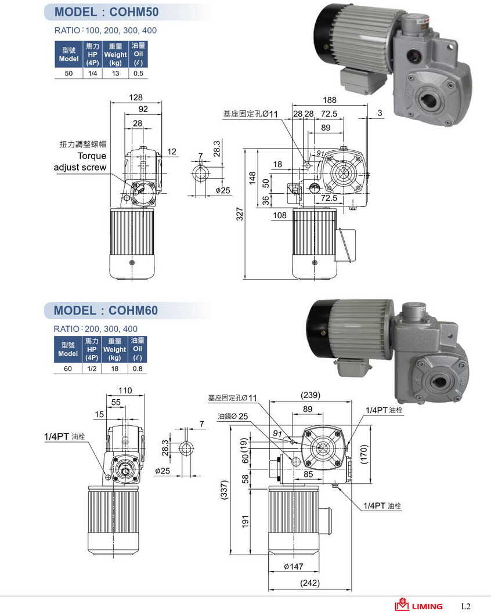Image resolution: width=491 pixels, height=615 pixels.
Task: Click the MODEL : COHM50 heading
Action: click(x=106, y=12)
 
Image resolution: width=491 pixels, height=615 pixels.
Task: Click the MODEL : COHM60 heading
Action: click(x=106, y=310)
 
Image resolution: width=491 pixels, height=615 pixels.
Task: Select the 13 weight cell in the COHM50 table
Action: click(x=115, y=73)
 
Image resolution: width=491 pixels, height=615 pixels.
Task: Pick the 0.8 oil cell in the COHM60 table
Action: click(x=138, y=368)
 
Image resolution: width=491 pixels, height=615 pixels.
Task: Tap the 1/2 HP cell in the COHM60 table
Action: click(x=92, y=368)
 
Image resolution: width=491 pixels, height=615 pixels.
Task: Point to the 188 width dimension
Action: click(x=330, y=99)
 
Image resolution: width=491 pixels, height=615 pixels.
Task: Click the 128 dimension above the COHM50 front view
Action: click(x=136, y=97)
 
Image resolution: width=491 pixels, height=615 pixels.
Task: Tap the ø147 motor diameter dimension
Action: click(x=294, y=566)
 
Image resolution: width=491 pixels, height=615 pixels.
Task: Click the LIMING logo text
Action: click(x=427, y=606)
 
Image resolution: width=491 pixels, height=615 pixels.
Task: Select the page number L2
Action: click(x=465, y=606)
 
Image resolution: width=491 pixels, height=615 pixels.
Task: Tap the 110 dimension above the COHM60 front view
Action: click(x=125, y=390)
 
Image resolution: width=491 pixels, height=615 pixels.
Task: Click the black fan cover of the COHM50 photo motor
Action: click(x=322, y=34)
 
